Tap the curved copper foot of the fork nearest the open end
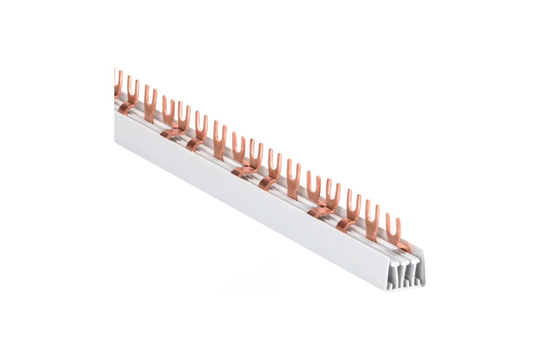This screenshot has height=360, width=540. (403, 246)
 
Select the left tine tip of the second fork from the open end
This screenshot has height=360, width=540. (367, 202)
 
